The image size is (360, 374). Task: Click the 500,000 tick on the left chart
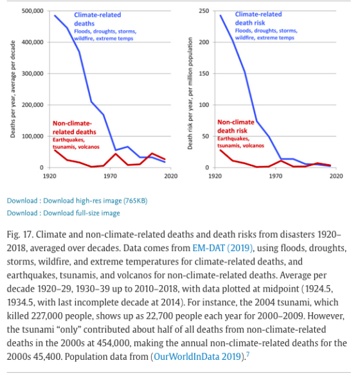33,11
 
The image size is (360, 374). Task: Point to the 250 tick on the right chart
204,11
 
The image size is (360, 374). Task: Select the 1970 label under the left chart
110,176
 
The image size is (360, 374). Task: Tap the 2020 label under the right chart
336,176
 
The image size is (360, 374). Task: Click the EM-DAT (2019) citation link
222,248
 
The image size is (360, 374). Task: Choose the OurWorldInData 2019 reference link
197,357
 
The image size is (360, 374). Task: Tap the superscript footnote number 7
248,355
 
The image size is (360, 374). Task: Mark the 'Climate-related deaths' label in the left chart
98,19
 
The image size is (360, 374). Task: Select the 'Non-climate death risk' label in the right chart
236,126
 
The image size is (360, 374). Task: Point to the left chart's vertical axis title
13,89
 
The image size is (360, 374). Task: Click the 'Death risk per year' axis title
190,93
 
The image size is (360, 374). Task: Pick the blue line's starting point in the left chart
55,15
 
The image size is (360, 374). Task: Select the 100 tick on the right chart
204,105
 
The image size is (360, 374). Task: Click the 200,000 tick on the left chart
33,105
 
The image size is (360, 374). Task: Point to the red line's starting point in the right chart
221,150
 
